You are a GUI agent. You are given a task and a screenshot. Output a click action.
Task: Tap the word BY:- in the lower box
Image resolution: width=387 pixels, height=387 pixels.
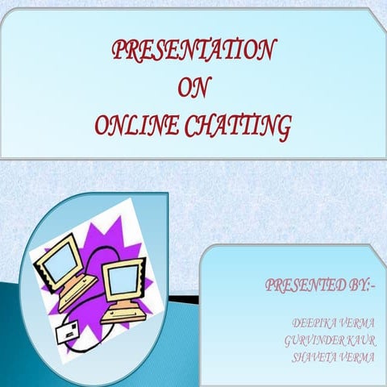[x=358, y=285]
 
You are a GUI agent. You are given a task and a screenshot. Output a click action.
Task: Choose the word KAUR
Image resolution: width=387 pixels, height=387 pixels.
[x=359, y=339]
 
